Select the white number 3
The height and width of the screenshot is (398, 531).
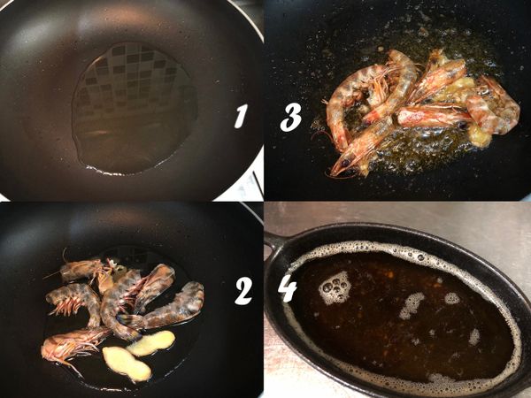[290, 117]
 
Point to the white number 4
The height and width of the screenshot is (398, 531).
[288, 287]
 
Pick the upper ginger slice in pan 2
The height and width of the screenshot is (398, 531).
[151, 342]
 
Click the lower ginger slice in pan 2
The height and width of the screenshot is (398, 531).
[126, 363]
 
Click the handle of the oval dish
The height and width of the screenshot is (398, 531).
[274, 241]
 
